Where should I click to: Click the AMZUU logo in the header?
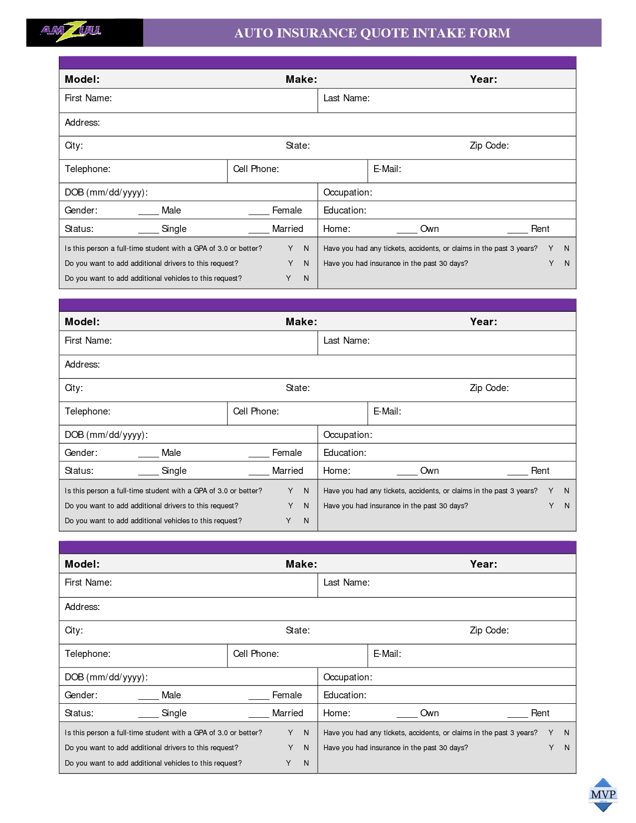point(71,31)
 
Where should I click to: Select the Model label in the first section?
point(82,79)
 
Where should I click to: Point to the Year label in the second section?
point(483,322)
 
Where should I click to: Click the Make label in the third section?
point(301,564)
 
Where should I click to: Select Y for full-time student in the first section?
point(290,248)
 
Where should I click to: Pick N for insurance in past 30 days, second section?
point(567,506)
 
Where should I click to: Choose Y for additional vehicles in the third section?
point(288,763)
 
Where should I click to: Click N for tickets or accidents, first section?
point(567,248)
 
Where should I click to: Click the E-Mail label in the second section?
point(387,411)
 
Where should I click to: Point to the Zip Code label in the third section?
point(489,630)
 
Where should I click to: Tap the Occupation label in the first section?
point(348,193)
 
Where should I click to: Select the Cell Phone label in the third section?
point(256,654)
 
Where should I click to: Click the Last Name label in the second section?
point(346,341)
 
